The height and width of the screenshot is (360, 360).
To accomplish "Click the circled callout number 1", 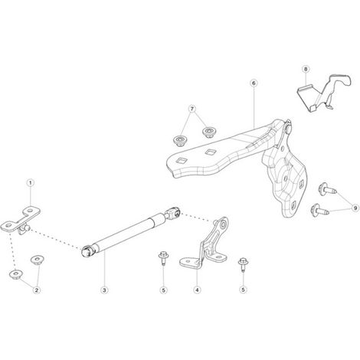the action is pos(31,183).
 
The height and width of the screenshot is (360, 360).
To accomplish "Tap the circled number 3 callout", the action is pos(104,290).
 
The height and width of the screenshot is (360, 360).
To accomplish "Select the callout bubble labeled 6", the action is pos(254,83).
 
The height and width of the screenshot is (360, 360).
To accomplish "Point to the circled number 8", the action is pos(306,69).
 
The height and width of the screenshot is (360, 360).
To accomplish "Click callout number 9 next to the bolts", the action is pos(355,208).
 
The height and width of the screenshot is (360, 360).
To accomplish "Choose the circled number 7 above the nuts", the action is pos(192,109).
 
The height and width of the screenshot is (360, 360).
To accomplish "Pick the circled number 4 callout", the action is pos(197,290).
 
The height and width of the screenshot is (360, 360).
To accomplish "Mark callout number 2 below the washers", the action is pos(37,290).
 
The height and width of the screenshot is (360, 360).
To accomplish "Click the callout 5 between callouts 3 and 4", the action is pos(164,290).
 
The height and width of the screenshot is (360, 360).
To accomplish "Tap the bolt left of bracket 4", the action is pos(162,257).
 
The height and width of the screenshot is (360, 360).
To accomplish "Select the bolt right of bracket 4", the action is pos(242,264).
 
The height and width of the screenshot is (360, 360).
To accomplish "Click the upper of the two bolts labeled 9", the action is pos(327,188).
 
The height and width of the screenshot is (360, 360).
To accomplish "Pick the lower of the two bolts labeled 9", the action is pos(319,210).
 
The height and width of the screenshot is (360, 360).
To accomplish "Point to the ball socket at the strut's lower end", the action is pos(87,250).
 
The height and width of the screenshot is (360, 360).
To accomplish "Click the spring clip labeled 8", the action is pos(324,93).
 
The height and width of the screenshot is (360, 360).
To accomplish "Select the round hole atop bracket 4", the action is pos(224,224).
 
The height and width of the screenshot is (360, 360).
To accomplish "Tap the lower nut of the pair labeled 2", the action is pos(16,274).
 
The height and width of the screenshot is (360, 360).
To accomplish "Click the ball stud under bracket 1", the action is pos(25,228).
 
